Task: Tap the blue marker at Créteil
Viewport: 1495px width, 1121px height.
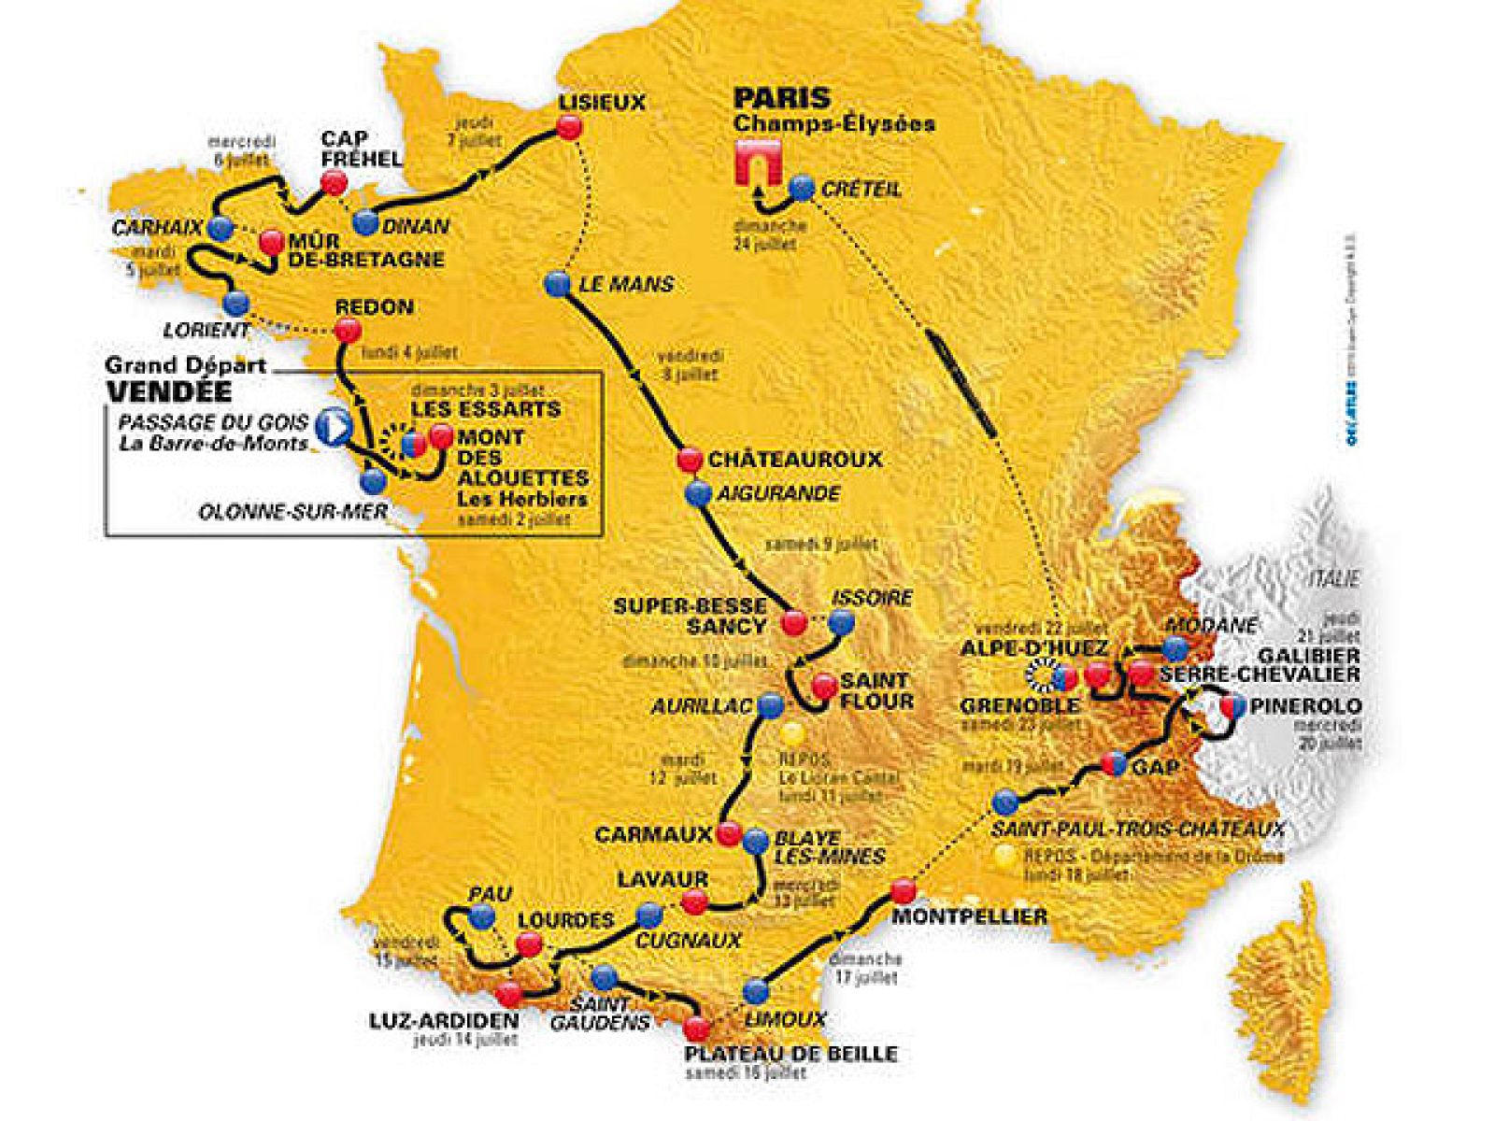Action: (x=801, y=187)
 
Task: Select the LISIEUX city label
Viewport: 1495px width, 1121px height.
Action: (x=602, y=103)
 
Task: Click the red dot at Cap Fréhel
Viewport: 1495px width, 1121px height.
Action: (x=333, y=183)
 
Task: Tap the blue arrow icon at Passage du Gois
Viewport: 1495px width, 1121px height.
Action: (x=332, y=427)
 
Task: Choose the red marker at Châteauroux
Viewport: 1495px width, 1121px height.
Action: (x=690, y=459)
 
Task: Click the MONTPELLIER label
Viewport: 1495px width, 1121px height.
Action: (x=969, y=916)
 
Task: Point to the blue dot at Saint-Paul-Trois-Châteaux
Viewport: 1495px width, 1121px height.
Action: (x=1005, y=802)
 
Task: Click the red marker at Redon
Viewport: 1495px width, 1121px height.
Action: (x=347, y=329)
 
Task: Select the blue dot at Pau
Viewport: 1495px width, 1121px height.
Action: (x=482, y=918)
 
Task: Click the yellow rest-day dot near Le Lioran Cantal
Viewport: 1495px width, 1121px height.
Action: (x=793, y=731)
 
